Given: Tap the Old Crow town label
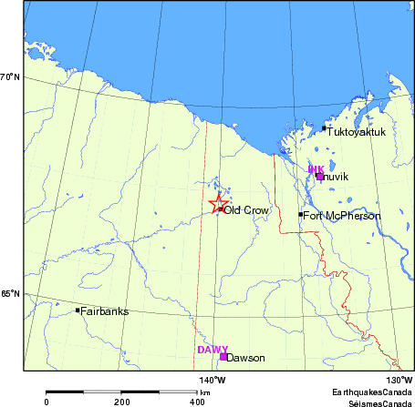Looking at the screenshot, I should [x=245, y=210].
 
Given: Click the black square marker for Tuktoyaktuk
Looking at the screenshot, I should [x=324, y=128].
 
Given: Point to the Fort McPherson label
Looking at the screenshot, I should [x=341, y=216].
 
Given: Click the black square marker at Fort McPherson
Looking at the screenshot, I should [x=301, y=215].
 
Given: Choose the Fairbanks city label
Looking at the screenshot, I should [x=105, y=311].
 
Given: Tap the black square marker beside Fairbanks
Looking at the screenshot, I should [x=78, y=310].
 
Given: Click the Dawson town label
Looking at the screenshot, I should [x=245, y=358].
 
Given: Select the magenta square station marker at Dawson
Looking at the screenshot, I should [x=223, y=357].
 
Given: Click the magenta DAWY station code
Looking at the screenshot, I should [x=213, y=349].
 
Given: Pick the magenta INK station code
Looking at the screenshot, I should [x=316, y=168].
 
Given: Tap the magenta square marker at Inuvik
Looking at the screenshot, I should [x=319, y=176].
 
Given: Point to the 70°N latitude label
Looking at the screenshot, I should [x=10, y=77].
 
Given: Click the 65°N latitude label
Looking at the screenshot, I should [x=10, y=294].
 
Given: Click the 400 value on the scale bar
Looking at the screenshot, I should [x=197, y=401].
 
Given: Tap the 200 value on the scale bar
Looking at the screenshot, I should [x=121, y=401].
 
